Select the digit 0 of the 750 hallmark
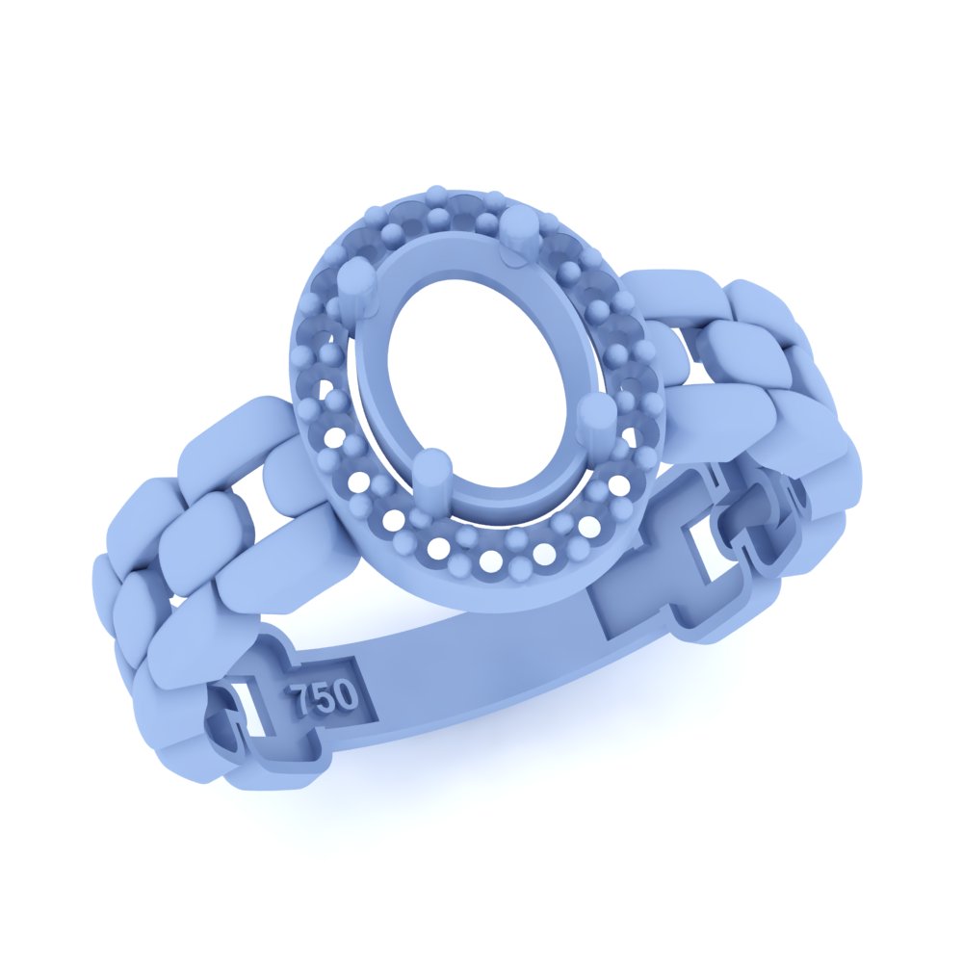[345, 694]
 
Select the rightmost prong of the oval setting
[593, 420]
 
